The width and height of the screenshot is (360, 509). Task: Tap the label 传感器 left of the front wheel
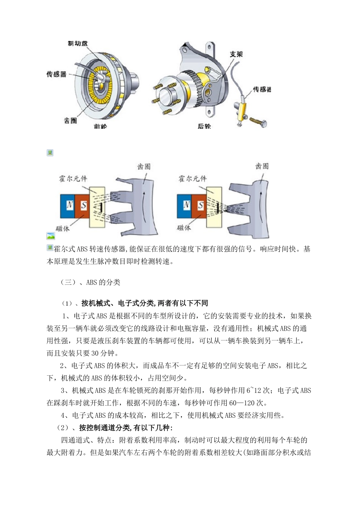click(x=56, y=74)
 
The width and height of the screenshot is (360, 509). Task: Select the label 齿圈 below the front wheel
click(x=70, y=120)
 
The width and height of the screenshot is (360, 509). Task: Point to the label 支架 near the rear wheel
click(x=236, y=54)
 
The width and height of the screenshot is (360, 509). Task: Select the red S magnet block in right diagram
click(x=200, y=205)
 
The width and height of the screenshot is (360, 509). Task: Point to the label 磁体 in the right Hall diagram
click(x=184, y=228)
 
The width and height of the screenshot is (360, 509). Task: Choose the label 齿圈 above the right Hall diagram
click(x=262, y=167)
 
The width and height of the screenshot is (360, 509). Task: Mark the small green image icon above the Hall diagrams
click(x=50, y=153)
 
